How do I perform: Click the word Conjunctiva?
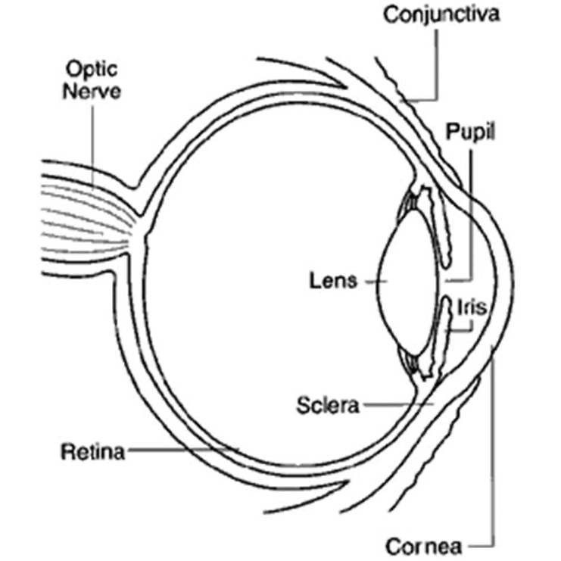coord(441,14)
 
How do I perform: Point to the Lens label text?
coord(332,281)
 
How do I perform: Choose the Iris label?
coord(472,307)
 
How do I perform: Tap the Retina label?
coord(92,453)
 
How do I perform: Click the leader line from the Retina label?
coord(182,451)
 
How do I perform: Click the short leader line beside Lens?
coord(371,281)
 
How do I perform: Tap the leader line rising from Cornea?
coord(493,454)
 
